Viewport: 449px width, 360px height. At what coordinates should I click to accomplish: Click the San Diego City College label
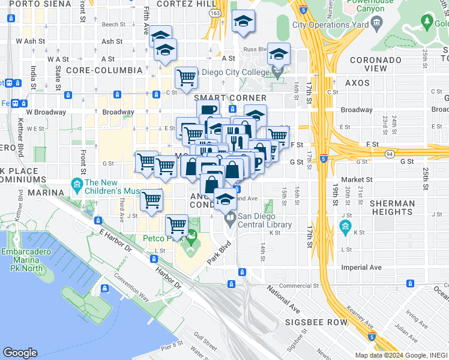238,73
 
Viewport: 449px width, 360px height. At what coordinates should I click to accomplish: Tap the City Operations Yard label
330,25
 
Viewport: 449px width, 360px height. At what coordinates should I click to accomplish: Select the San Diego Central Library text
265,220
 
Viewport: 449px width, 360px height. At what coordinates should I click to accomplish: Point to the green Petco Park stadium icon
191,240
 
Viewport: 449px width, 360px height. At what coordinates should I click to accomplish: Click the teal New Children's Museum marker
77,184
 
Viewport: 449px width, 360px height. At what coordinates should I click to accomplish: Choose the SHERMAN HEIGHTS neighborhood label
393,208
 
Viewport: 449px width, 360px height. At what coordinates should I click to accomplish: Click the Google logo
20,353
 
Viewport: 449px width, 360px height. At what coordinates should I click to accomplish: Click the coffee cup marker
207,110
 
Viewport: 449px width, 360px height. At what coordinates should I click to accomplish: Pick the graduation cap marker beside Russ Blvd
278,54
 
